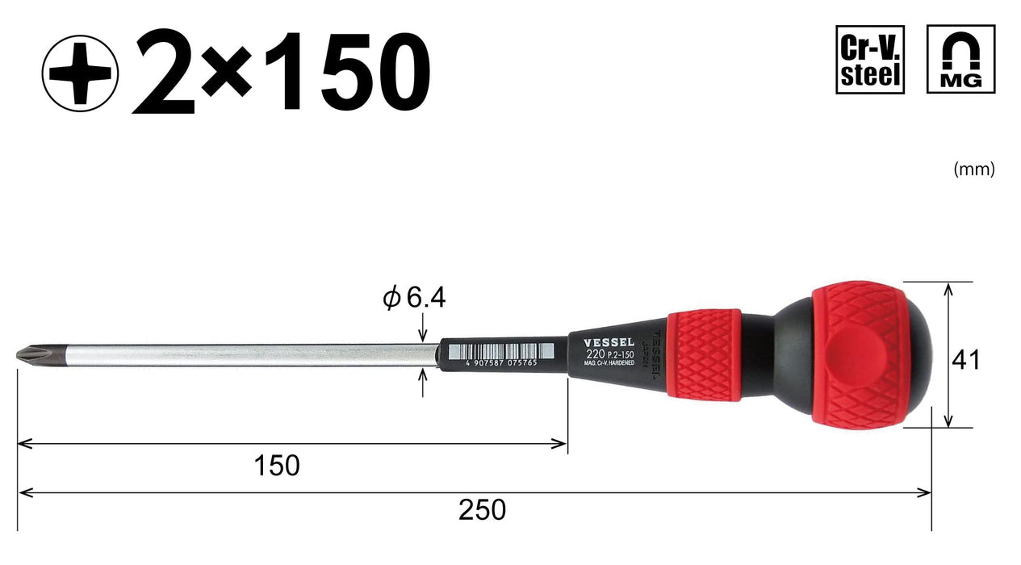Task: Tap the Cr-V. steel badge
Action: tap(870, 60)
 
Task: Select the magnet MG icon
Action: tap(960, 60)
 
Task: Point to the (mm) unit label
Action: tap(974, 169)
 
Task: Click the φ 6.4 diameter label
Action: tap(414, 299)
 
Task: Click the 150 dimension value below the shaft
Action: tap(276, 466)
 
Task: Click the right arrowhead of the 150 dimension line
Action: tap(561, 442)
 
